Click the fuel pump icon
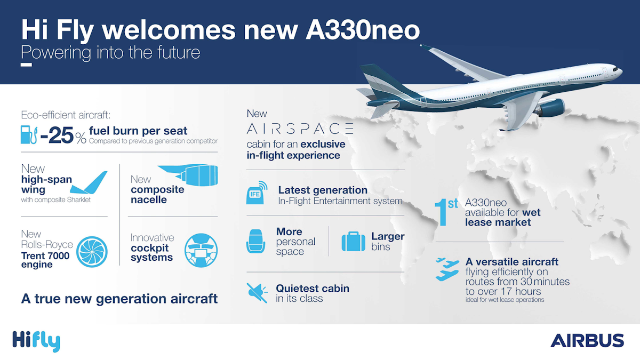pos(29,134)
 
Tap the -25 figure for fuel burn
pos(57,135)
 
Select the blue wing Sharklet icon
pos(89,182)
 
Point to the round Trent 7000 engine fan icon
pos(92,252)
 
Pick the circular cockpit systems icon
pos(201,250)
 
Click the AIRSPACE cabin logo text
pos(300,129)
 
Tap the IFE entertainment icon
pos(257,193)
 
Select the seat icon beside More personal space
pos(255,241)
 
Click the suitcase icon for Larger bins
pos(354,242)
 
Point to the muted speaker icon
pos(257,293)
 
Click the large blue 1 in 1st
pos(441,213)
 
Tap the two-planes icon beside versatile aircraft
pos(447,269)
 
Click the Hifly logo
pos(36,341)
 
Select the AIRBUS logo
pos(587,341)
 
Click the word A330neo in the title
pos(363,30)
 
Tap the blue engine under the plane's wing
pos(550,108)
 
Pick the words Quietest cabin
pos(313,289)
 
